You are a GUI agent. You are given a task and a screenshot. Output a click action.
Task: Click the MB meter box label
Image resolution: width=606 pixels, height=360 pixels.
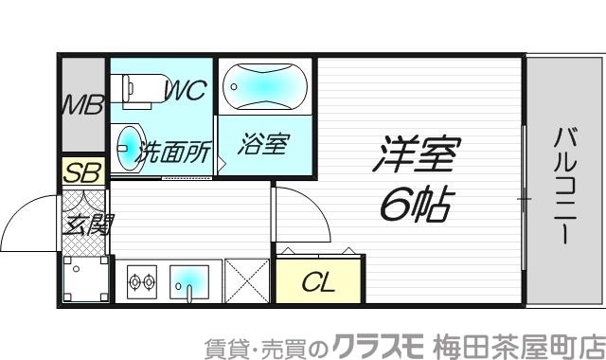tap(81, 105)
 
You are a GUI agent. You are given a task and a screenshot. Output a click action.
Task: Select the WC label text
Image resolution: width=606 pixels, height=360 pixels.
tap(186, 92)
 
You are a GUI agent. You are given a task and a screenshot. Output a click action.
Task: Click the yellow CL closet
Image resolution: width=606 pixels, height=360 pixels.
tap(318, 281)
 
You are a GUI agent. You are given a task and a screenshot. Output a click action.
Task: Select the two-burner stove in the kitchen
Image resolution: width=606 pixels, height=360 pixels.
tap(142, 281)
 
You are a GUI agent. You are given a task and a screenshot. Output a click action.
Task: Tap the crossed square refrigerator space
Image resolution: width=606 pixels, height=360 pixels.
tap(248, 281)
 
